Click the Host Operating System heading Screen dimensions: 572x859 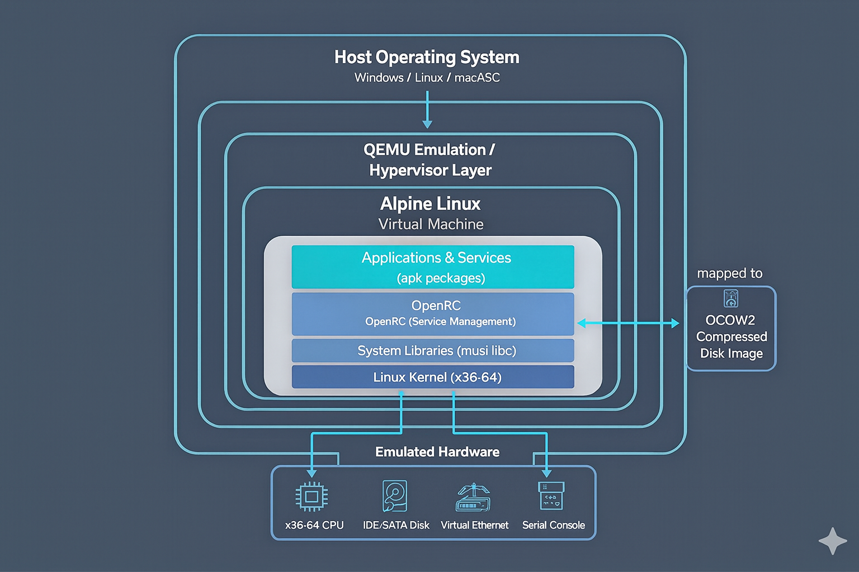tap(427, 58)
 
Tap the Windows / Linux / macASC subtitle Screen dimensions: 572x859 tap(427, 78)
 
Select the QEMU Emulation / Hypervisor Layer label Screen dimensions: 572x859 tap(429, 160)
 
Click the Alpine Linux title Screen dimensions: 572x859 tap(430, 204)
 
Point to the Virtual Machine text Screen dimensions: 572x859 tap(431, 225)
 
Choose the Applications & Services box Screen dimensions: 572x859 tap(433, 267)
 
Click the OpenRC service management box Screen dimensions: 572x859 tap(433, 314)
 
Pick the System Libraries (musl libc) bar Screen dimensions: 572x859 tap(433, 351)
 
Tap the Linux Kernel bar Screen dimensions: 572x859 tap(433, 377)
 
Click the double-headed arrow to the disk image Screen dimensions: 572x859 tap(628, 323)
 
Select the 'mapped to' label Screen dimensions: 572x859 tap(730, 273)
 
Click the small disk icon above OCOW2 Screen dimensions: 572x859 tap(731, 298)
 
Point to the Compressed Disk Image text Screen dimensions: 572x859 tap(731, 345)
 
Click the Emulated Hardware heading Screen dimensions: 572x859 tap(437, 452)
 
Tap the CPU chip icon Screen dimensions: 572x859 tap(311, 497)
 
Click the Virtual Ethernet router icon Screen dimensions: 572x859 tap(474, 498)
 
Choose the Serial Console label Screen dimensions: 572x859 tap(553, 525)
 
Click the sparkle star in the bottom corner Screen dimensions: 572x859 tap(833, 541)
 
